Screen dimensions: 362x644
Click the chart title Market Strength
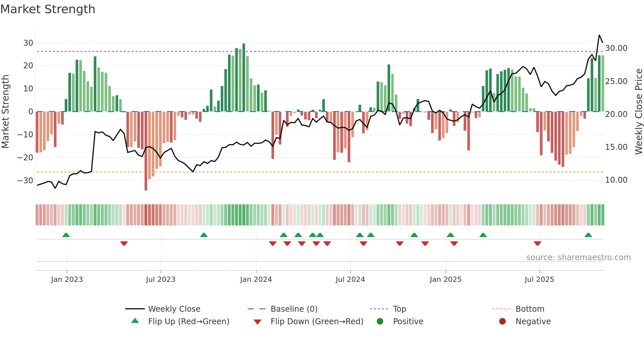tap(48, 9)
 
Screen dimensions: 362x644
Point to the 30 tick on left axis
tap(28, 43)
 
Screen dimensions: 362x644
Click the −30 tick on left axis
tap(25, 181)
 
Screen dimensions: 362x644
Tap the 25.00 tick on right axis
tap(616, 81)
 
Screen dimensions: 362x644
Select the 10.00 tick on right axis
tap(616, 180)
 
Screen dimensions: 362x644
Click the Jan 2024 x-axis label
tap(256, 280)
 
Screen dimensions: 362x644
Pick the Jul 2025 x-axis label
tap(539, 280)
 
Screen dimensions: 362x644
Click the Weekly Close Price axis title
tap(638, 112)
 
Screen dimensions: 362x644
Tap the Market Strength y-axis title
tap(6, 112)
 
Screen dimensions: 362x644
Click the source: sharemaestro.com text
tap(578, 258)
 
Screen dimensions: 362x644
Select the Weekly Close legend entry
tap(174, 309)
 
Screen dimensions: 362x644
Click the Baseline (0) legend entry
tap(294, 309)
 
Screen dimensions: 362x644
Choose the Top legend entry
tap(400, 309)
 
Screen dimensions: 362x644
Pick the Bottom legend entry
tap(530, 309)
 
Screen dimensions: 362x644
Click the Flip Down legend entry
tap(317, 322)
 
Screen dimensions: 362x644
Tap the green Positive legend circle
tap(380, 322)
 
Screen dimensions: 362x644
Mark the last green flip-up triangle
tap(588, 235)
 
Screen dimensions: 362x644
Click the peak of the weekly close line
tap(599, 35)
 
